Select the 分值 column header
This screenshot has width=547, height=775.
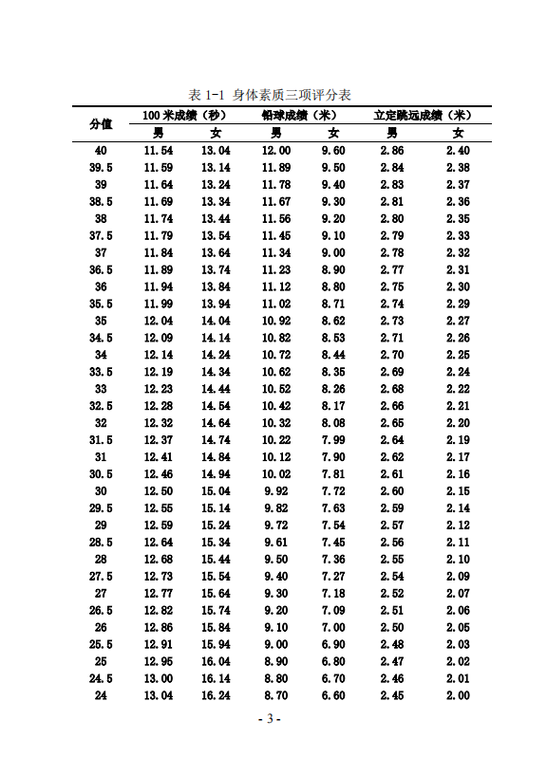[102, 124]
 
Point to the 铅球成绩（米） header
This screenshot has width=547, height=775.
[304, 116]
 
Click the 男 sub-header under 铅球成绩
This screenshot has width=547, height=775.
[276, 134]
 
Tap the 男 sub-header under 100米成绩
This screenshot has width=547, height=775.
[159, 134]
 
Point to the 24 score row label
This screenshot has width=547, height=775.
[102, 696]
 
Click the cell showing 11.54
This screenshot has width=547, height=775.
[159, 151]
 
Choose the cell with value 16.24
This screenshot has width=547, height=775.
[216, 696]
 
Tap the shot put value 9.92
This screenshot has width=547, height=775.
[276, 491]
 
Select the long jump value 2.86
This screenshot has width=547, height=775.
[391, 151]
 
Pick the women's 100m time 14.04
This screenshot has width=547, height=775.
[216, 321]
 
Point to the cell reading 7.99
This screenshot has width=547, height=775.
[333, 440]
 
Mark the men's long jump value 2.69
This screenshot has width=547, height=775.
[391, 372]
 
